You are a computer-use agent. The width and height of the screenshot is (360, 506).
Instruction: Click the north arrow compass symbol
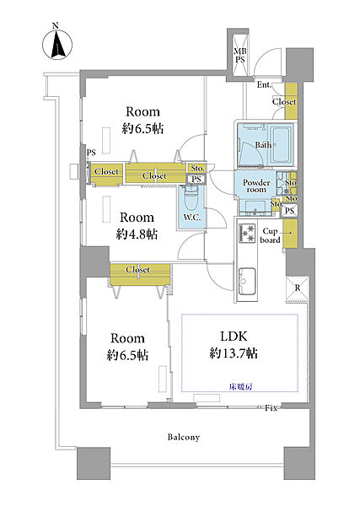(57, 44)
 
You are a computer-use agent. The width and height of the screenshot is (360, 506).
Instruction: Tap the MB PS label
(239, 56)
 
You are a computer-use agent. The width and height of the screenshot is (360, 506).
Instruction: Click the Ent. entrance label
(264, 85)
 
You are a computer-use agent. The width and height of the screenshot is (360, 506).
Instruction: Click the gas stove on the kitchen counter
(247, 234)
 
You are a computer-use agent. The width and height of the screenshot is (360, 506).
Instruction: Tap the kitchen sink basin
(247, 281)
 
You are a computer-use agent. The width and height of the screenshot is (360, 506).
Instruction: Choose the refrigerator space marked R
(298, 288)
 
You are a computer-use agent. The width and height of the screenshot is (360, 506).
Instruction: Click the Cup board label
(270, 235)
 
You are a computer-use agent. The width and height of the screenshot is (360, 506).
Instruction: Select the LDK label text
(234, 336)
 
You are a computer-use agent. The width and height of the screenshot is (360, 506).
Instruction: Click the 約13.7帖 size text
(234, 353)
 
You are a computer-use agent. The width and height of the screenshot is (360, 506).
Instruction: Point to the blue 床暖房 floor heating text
(240, 386)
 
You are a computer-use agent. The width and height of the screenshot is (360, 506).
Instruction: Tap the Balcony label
(184, 437)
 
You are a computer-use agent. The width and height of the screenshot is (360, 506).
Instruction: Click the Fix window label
(271, 408)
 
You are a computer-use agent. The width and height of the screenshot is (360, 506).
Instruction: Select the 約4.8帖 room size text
(137, 234)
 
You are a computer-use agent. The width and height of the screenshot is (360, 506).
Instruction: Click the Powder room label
(256, 186)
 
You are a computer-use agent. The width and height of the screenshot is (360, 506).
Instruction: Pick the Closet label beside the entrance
(284, 102)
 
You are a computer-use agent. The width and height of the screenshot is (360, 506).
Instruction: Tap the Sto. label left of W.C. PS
(197, 169)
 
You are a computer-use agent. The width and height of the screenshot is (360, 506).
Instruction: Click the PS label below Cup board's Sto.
(290, 211)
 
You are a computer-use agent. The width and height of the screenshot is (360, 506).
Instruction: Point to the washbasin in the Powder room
(255, 207)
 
